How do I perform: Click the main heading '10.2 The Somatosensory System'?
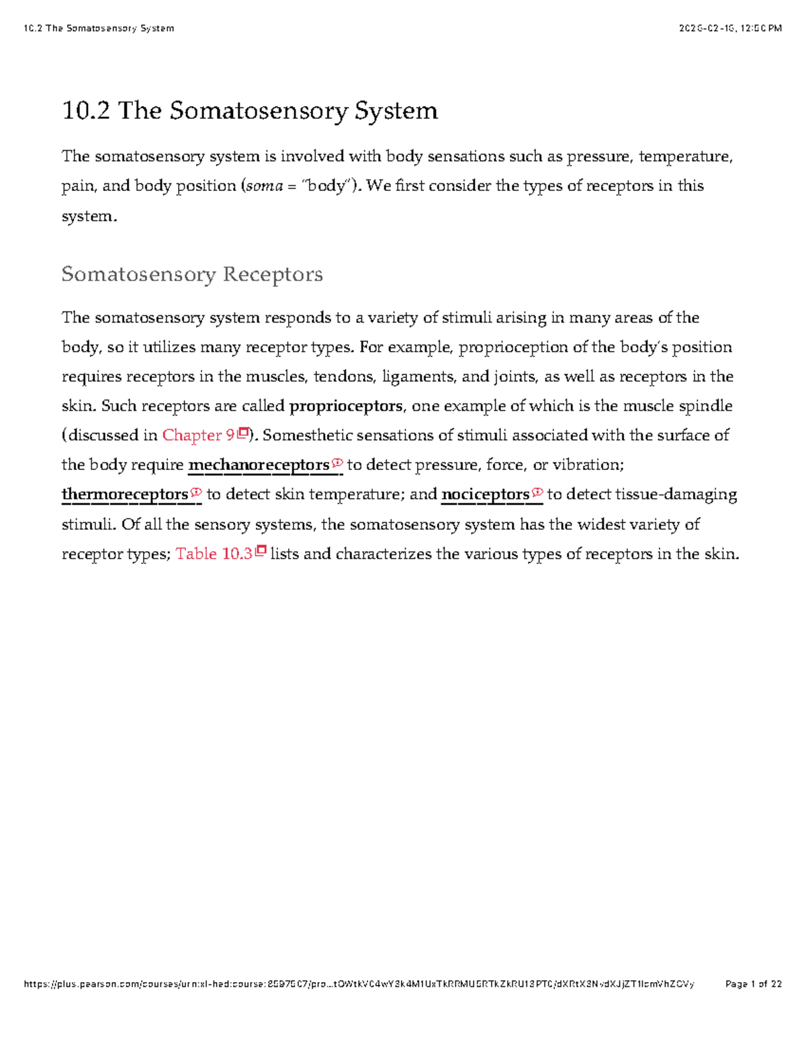point(249,111)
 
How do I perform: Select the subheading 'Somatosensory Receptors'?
point(192,274)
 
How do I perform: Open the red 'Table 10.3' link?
point(214,554)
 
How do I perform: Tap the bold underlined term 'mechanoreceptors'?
point(259,465)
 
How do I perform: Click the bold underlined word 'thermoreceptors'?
point(125,495)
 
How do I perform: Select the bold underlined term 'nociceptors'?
point(485,495)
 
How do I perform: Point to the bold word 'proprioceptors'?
point(346,406)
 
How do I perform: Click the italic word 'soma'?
point(264,186)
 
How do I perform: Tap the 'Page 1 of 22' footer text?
point(754,984)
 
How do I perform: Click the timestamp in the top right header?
point(730,28)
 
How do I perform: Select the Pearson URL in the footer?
point(359,984)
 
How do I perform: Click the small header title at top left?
point(98,28)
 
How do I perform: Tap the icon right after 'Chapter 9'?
point(243,434)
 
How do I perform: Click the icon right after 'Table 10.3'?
point(261,552)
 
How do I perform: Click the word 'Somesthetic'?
point(307,436)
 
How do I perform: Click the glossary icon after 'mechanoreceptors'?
point(337,463)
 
